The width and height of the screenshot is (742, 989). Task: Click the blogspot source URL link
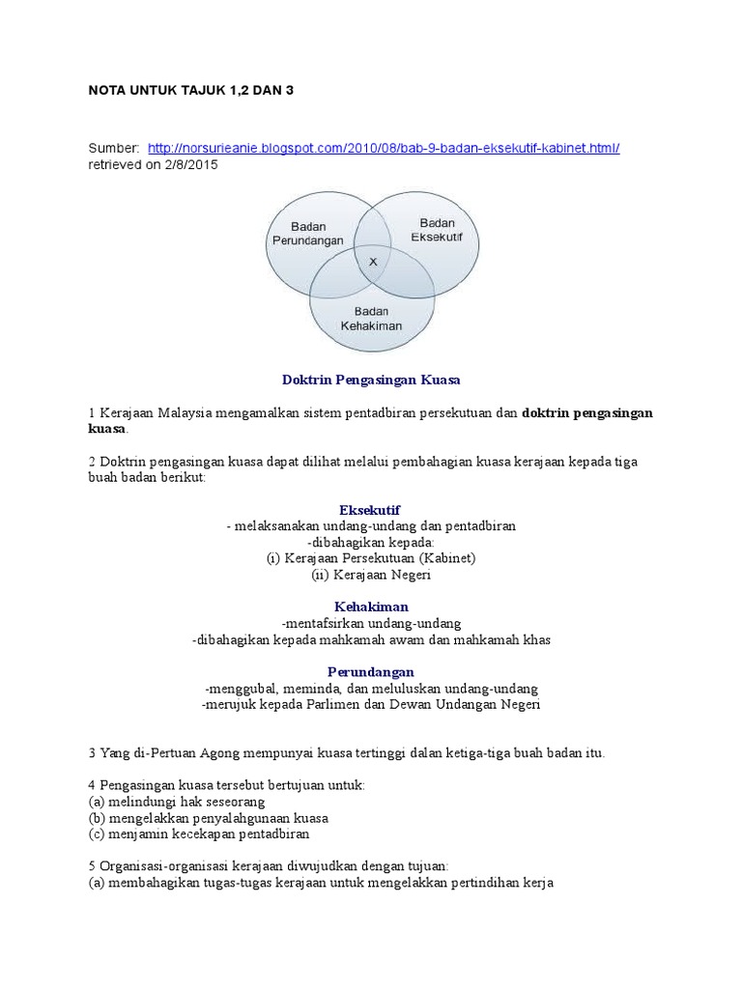[x=384, y=147]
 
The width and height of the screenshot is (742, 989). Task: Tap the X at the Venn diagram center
[x=373, y=262]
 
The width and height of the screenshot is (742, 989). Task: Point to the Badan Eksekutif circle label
[x=437, y=229]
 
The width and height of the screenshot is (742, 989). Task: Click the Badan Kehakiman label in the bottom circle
[x=371, y=318]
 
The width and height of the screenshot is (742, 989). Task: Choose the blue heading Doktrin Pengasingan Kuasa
[x=370, y=381]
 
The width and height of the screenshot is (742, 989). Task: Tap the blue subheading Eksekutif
[x=370, y=509]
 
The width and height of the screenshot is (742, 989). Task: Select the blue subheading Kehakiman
[x=370, y=607]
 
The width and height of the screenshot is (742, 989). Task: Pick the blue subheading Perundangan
[x=370, y=671]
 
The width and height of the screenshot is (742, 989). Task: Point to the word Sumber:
[x=114, y=147]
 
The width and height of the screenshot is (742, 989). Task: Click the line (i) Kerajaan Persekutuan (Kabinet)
[x=370, y=558]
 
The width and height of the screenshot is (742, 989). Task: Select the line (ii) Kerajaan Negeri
[x=370, y=575]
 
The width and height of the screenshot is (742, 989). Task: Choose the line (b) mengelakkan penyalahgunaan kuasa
[x=208, y=817]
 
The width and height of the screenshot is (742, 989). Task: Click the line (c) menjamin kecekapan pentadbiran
[x=198, y=834]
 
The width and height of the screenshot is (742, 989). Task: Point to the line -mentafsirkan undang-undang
[x=370, y=623]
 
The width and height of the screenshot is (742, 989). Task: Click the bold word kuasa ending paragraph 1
[x=106, y=428]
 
